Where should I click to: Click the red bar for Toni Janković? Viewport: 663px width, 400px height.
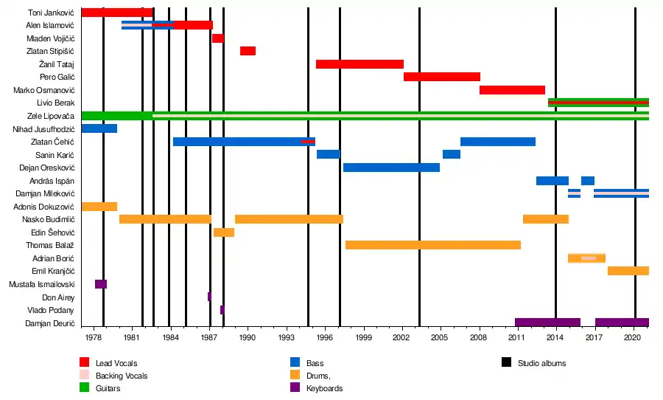(x=116, y=13)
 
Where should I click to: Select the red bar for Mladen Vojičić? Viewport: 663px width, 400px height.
(x=217, y=38)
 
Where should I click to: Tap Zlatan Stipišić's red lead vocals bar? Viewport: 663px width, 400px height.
(x=248, y=51)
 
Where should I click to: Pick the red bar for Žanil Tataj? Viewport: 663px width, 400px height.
(x=359, y=64)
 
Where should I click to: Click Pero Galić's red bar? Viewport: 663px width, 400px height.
(x=441, y=77)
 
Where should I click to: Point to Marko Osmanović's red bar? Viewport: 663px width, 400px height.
(x=512, y=90)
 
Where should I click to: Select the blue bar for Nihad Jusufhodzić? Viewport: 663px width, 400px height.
(x=99, y=128)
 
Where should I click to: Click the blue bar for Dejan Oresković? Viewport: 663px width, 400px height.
(x=391, y=168)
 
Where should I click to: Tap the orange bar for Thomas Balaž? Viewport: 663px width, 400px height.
(x=433, y=245)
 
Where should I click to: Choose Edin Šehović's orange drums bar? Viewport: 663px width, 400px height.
(x=224, y=232)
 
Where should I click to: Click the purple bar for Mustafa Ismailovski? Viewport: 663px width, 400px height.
(x=101, y=284)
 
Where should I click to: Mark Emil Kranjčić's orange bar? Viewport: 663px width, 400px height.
(x=628, y=271)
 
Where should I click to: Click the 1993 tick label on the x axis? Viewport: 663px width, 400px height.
(x=287, y=337)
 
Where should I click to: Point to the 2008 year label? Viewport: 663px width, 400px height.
(x=480, y=337)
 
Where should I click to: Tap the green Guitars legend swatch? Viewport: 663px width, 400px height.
(x=85, y=388)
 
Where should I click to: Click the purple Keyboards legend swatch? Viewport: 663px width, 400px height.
(x=295, y=388)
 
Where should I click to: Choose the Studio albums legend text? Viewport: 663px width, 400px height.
(x=541, y=363)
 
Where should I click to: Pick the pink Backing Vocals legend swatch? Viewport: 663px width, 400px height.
(x=85, y=376)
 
